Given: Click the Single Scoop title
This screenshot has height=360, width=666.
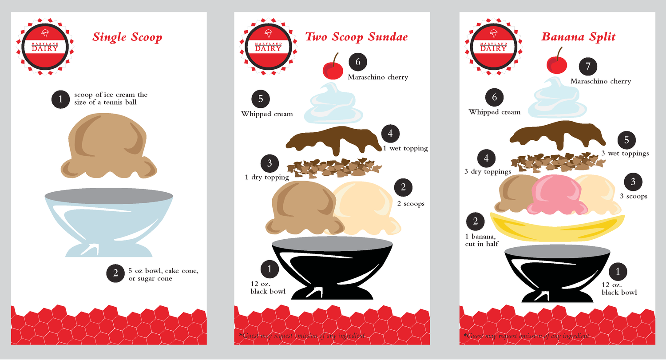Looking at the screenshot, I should pos(127,37).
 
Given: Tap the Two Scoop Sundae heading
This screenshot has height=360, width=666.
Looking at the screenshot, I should pos(357,37).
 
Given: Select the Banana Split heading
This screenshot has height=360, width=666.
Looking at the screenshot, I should pos(579,37).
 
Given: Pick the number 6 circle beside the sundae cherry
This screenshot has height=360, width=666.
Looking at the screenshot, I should pos(358,62).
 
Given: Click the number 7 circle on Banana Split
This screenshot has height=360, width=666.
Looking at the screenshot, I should pos(588,67).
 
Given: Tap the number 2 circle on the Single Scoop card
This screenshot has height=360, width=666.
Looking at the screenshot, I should pos(115,273).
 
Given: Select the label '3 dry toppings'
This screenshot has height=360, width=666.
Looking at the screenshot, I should pos(488,171).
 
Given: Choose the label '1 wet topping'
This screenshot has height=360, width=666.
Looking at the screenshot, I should pos(405,148).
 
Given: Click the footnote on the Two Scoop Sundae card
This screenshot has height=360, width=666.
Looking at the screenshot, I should pos(302,336).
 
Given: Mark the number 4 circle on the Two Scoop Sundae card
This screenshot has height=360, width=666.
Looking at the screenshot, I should pos(390,133).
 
